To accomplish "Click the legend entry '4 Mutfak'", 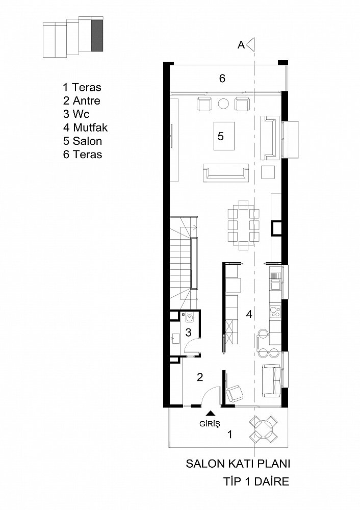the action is click(85, 127).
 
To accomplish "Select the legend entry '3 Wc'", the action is click(76, 114).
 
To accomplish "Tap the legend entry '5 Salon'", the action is click(83, 141).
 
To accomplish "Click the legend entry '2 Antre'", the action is click(82, 100).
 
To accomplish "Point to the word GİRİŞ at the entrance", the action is click(210, 424).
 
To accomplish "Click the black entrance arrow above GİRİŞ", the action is click(211, 413).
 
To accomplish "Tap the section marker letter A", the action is click(241, 45).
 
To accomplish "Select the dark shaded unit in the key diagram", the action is click(97, 35).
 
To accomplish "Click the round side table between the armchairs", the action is click(223, 104).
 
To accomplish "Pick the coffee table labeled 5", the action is click(224, 136).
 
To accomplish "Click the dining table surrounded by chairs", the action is click(244, 225).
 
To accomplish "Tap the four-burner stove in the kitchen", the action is click(275, 312).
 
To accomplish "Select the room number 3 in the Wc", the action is click(188, 333).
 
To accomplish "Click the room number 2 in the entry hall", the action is click(200, 377).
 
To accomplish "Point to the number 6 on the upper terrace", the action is click(222, 78).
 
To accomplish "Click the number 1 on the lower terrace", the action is click(230, 434).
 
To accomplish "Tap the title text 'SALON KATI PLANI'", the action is click(238, 464).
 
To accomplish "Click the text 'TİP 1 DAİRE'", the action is click(256, 481).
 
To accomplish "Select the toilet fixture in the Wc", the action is click(189, 317).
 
